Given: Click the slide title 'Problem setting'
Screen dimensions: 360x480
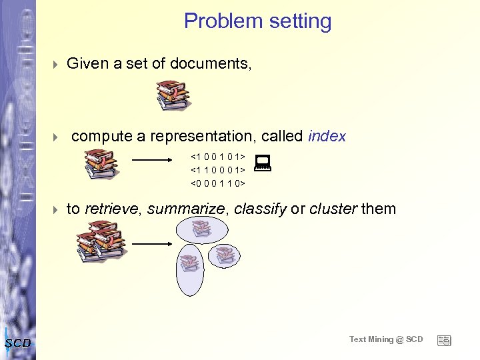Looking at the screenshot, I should pyautogui.click(x=257, y=21).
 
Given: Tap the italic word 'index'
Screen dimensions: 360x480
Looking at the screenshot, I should pyautogui.click(x=327, y=137).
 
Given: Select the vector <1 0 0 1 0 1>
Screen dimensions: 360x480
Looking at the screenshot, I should pyautogui.click(x=218, y=157).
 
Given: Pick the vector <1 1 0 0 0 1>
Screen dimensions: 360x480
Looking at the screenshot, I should pyautogui.click(x=218, y=169).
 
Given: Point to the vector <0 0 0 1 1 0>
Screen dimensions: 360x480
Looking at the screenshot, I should pyautogui.click(x=218, y=182).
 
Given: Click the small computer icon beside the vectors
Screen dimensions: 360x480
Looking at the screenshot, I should pyautogui.click(x=262, y=161).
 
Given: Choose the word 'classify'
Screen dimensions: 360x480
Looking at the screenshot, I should pyautogui.click(x=260, y=209).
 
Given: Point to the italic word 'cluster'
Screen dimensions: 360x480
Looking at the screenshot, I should pyautogui.click(x=333, y=209).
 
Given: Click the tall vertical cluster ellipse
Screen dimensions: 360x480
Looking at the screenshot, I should pyautogui.click(x=189, y=269).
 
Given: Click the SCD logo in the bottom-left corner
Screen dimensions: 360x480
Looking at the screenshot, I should pyautogui.click(x=17, y=343).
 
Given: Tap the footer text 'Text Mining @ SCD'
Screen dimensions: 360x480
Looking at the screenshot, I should pyautogui.click(x=386, y=339).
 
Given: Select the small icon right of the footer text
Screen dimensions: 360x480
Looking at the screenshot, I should pyautogui.click(x=444, y=340).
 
